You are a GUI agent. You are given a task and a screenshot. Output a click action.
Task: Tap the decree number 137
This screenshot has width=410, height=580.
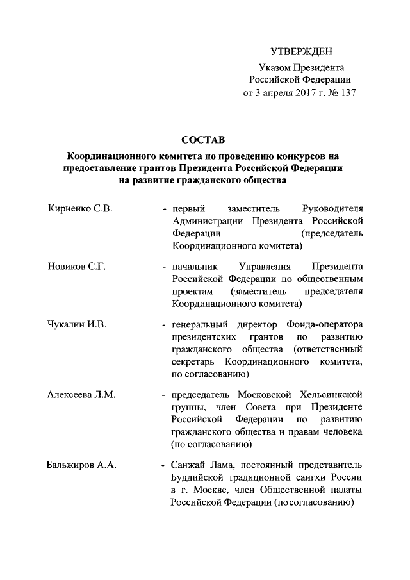pyautogui.click(x=347, y=92)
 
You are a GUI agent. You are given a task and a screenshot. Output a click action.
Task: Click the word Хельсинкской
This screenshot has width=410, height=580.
pyautogui.click(x=331, y=395)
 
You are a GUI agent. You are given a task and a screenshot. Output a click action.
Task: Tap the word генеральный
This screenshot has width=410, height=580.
pyautogui.click(x=201, y=324)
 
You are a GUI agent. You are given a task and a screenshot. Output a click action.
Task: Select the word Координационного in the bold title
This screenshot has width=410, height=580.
pyautogui.click(x=113, y=156)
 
